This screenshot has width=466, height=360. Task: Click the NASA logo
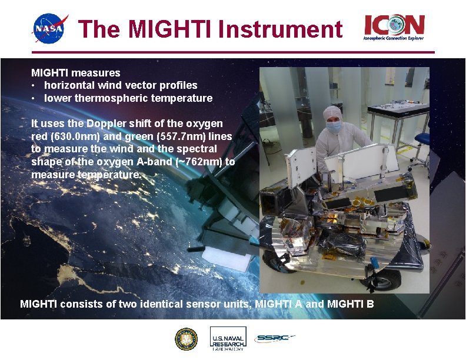[x=50, y=29]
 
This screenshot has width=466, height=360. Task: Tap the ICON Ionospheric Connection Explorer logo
[x=394, y=28]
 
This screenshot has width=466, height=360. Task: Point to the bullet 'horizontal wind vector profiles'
[x=121, y=85]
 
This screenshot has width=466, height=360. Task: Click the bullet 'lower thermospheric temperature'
[x=128, y=98]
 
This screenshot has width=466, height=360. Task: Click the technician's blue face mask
[x=334, y=126]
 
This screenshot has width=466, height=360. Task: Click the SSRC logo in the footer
[x=274, y=339]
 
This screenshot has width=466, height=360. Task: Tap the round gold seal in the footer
[x=187, y=339]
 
